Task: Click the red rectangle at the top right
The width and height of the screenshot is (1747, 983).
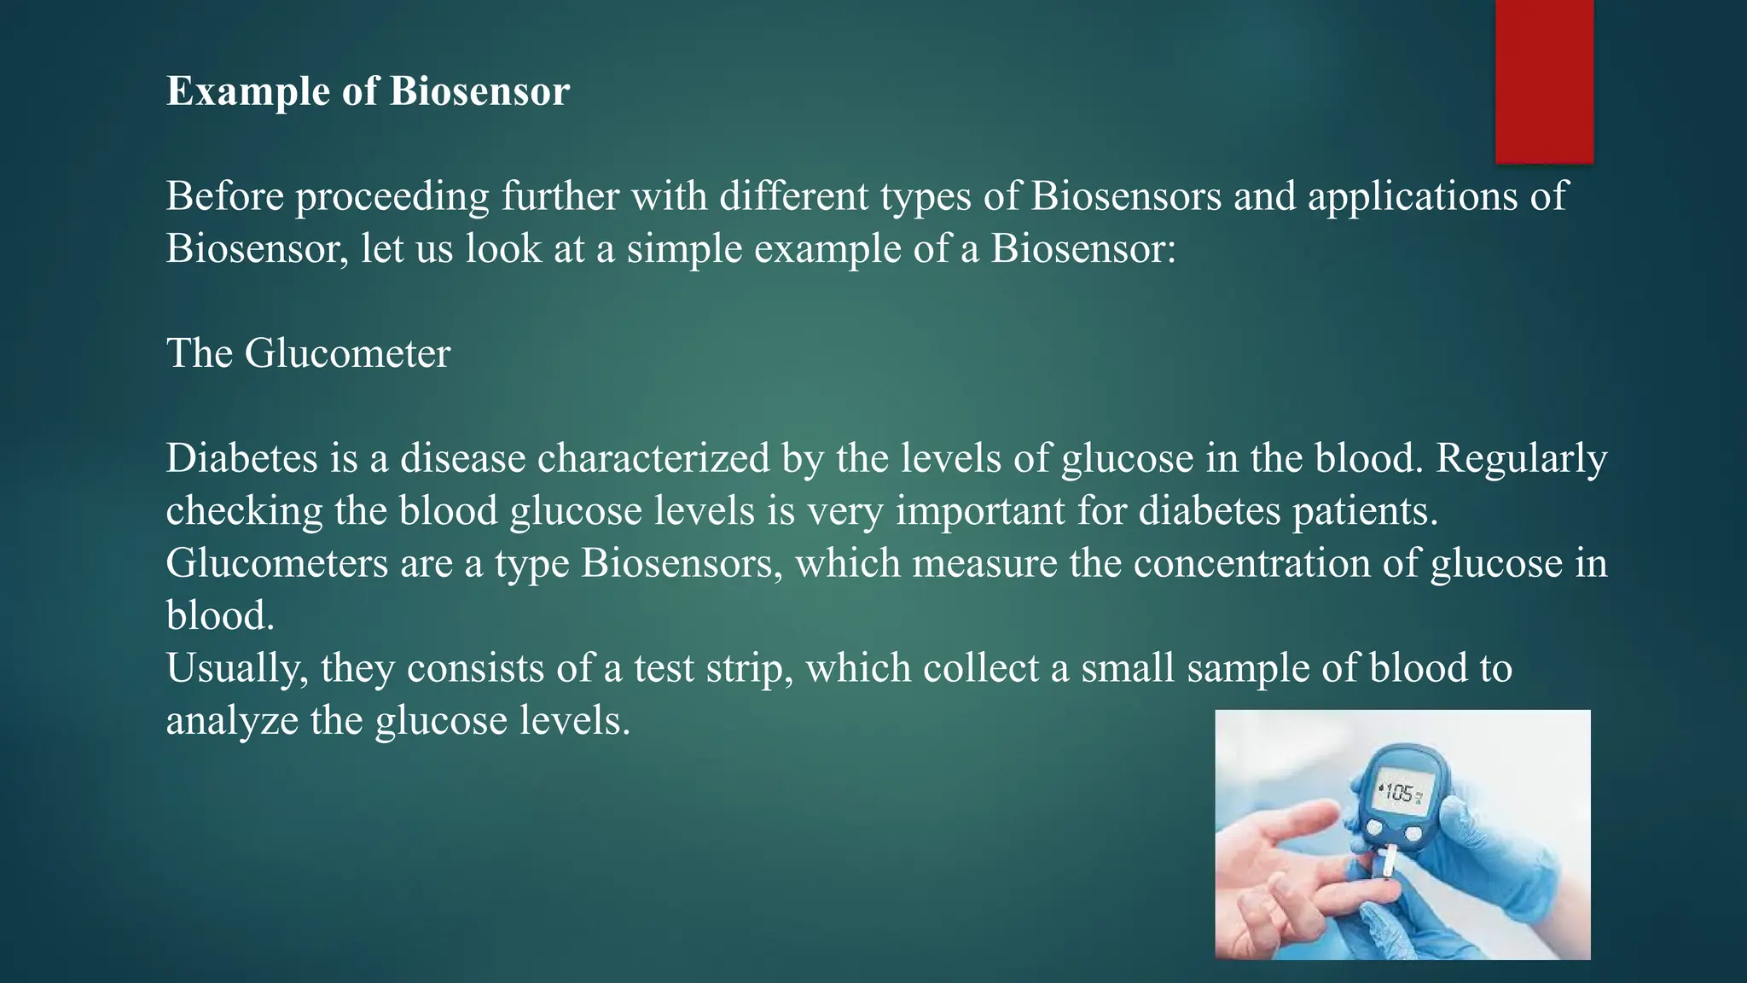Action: coord(1544,81)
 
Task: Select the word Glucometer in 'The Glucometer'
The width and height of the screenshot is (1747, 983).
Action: coord(347,353)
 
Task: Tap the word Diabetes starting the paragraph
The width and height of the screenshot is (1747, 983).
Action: coord(241,458)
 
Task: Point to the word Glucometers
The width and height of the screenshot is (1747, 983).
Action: coord(276,563)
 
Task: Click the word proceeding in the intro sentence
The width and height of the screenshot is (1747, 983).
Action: coord(392,197)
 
